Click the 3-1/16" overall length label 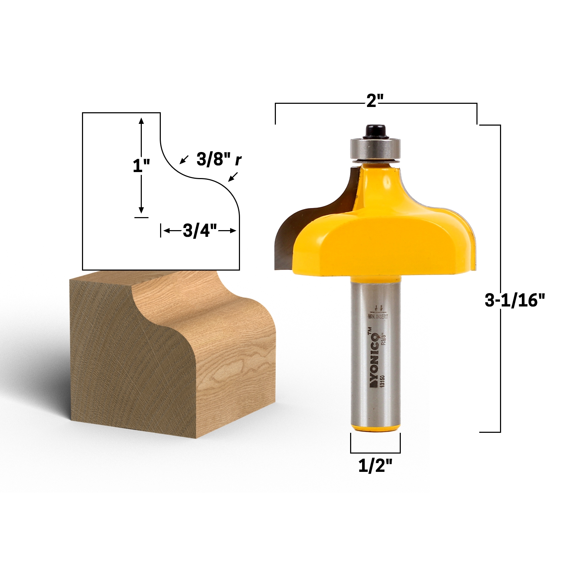pyautogui.click(x=514, y=301)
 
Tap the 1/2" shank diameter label pyautogui.click(x=375, y=466)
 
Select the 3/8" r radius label pyautogui.click(x=219, y=159)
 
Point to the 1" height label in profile pyautogui.click(x=141, y=165)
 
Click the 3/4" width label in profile pyautogui.click(x=200, y=231)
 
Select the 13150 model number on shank pyautogui.click(x=382, y=381)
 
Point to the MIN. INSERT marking pyautogui.click(x=378, y=316)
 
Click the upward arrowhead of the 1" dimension pyautogui.click(x=141, y=120)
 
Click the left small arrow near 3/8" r pyautogui.click(x=182, y=160)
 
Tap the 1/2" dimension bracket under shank pyautogui.click(x=375, y=452)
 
